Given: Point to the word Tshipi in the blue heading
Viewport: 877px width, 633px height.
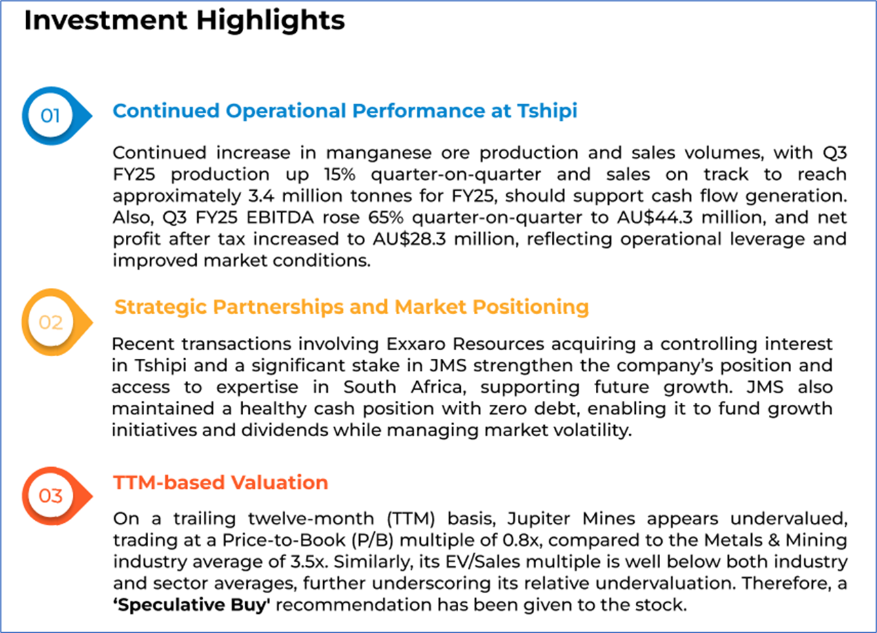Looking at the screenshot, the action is click(x=547, y=112).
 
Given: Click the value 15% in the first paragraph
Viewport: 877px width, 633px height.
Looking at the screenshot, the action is click(x=340, y=174).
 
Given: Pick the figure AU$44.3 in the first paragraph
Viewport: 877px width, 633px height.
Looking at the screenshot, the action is click(x=655, y=217).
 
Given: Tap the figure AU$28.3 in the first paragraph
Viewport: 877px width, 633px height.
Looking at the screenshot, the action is click(x=409, y=239).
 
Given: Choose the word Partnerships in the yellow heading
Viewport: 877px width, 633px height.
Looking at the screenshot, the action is click(x=279, y=308).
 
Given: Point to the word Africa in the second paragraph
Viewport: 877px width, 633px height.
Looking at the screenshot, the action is click(x=438, y=388).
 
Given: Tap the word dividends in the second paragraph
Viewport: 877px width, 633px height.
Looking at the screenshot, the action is click(x=286, y=430).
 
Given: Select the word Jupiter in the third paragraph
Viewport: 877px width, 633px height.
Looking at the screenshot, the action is click(x=539, y=520).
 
